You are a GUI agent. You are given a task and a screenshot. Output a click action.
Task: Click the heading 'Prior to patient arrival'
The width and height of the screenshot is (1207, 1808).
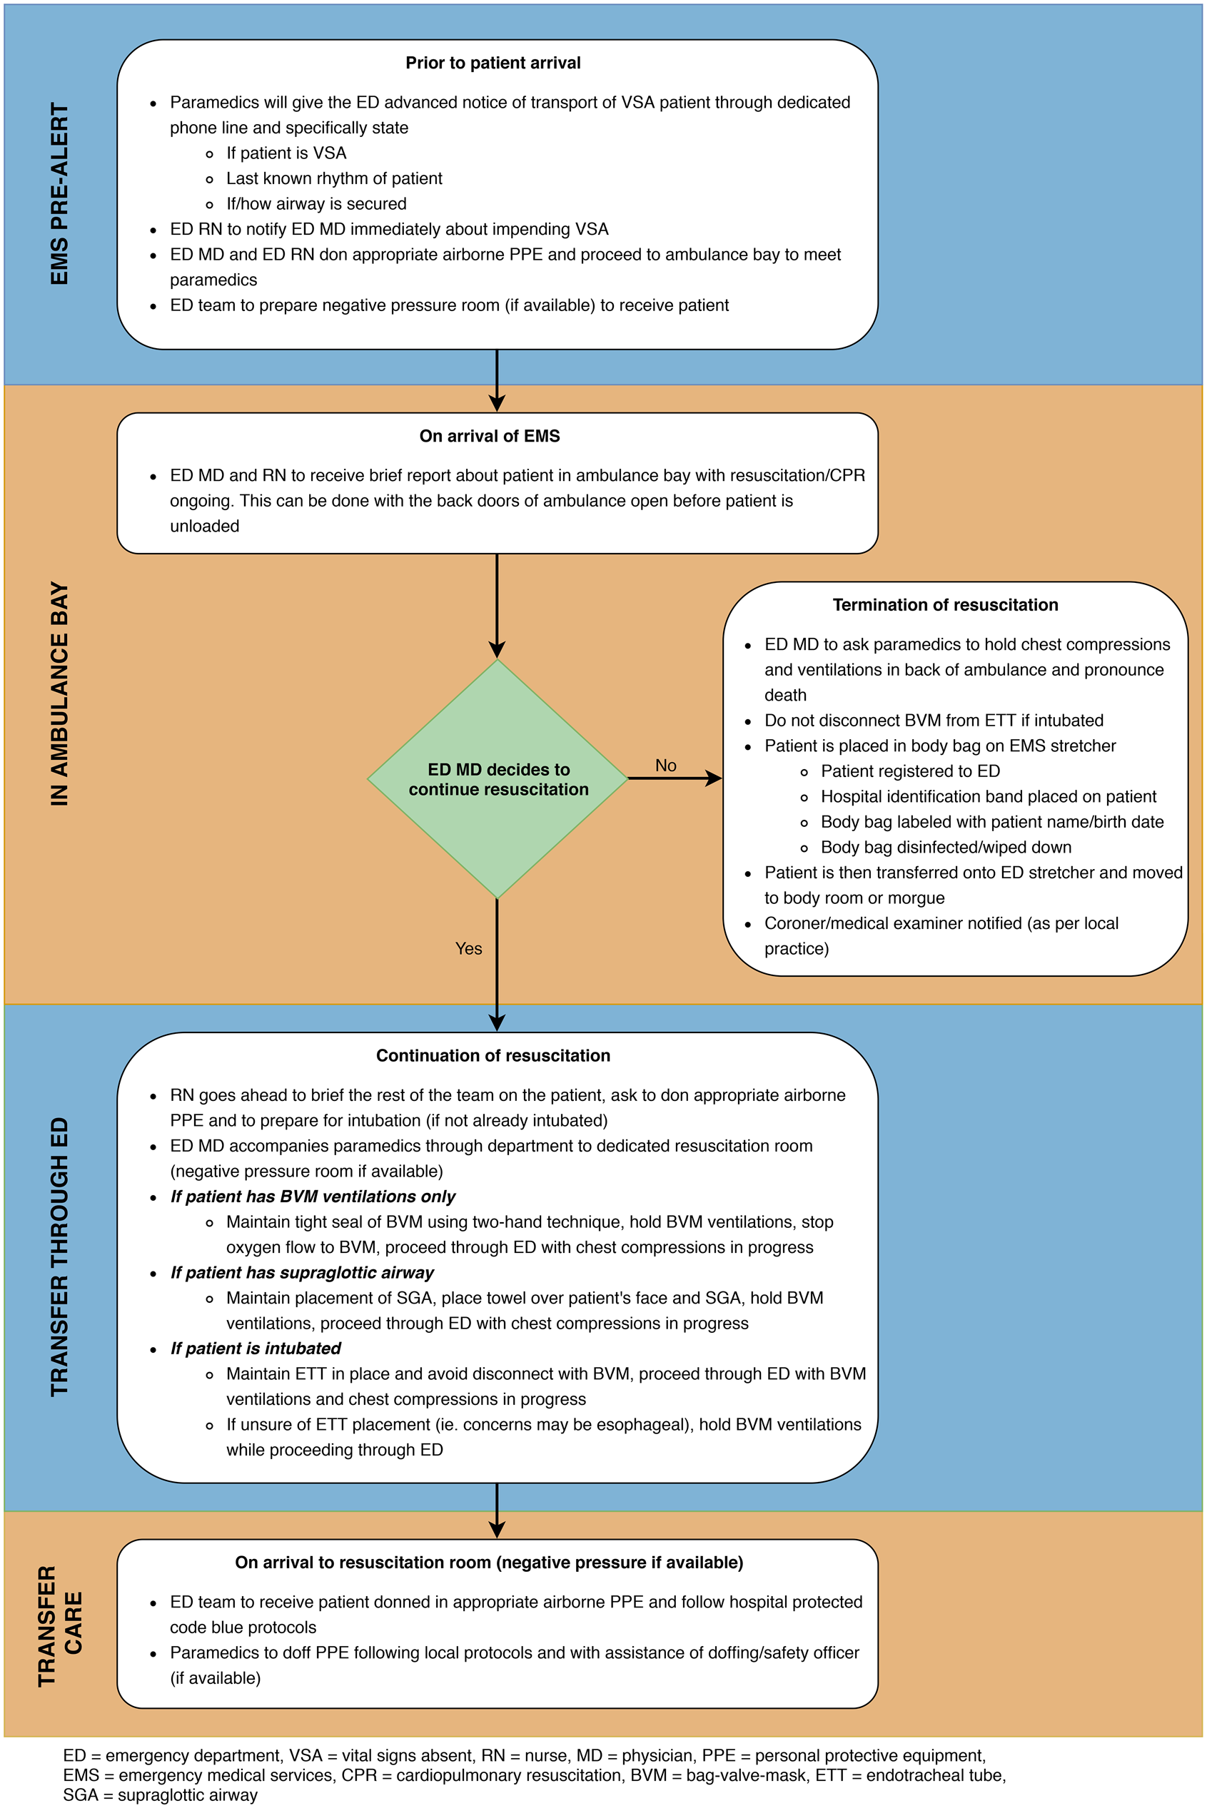coord(493,63)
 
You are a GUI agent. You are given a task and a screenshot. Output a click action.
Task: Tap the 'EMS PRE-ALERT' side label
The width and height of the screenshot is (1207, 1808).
coord(59,194)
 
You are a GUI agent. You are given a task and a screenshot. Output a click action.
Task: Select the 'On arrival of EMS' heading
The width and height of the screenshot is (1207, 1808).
coord(490,436)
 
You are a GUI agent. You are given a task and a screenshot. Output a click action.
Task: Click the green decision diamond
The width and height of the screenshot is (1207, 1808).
coord(498,778)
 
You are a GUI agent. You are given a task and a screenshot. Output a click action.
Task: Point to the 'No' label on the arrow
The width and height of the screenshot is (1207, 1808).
coord(666,766)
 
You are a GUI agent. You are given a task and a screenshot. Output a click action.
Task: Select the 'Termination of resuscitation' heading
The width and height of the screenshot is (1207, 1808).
coord(945,605)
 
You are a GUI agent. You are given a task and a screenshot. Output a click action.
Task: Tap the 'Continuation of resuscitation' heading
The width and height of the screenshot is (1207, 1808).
coord(493,1055)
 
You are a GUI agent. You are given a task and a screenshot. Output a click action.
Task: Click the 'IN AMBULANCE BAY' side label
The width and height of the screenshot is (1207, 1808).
coord(59,694)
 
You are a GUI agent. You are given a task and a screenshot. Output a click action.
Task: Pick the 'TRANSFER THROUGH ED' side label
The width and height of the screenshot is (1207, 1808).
coord(59,1256)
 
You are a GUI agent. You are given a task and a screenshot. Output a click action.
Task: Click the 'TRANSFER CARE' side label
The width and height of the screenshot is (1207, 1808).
coord(60,1625)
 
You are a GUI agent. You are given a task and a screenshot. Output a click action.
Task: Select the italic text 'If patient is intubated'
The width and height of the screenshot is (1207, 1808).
coord(256,1348)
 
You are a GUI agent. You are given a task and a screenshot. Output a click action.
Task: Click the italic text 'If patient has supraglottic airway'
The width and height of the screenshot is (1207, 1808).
coord(302,1273)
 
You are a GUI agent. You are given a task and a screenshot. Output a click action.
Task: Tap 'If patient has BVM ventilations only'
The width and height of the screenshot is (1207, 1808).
coord(313,1197)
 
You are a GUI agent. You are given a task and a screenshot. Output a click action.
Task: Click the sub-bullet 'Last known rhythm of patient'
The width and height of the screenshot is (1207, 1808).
coord(334,178)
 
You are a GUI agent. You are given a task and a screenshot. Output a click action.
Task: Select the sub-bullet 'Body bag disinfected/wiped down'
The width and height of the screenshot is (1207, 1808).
coord(945,847)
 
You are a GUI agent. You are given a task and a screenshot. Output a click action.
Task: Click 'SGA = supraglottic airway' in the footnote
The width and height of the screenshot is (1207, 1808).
coord(160,1795)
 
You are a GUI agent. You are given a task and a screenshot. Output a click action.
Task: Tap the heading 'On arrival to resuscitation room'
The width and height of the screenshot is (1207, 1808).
coord(489,1563)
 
